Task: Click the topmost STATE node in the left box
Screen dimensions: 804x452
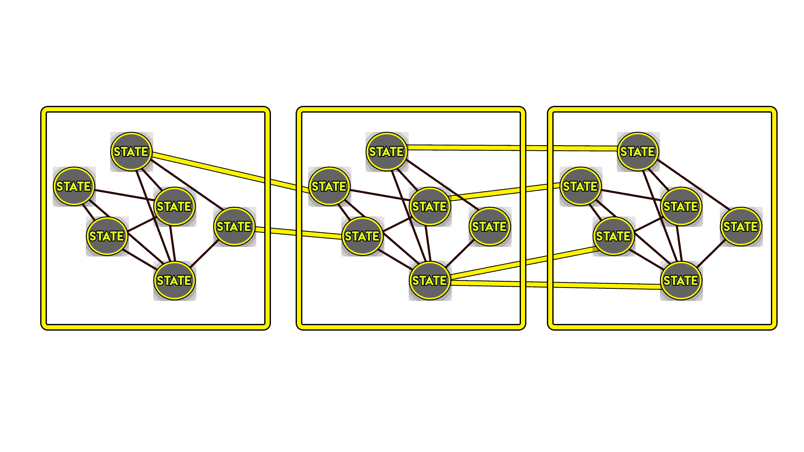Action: point(131,152)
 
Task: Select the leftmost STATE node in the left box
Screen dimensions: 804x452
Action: point(74,186)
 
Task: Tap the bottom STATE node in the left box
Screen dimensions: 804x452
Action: point(175,280)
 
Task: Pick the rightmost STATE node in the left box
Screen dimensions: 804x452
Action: point(234,226)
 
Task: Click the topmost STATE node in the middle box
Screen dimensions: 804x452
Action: point(387,152)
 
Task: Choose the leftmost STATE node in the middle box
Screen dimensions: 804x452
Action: point(330,186)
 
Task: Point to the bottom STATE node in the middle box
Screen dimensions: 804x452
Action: point(430,280)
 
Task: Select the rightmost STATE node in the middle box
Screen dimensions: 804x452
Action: point(490,226)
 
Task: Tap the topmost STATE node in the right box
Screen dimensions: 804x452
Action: point(638,152)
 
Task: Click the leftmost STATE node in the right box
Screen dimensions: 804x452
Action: point(581,186)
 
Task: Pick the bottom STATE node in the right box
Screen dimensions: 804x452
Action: point(681,280)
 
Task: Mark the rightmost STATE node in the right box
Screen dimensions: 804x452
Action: point(741,226)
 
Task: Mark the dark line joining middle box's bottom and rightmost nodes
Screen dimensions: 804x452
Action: point(460,253)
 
